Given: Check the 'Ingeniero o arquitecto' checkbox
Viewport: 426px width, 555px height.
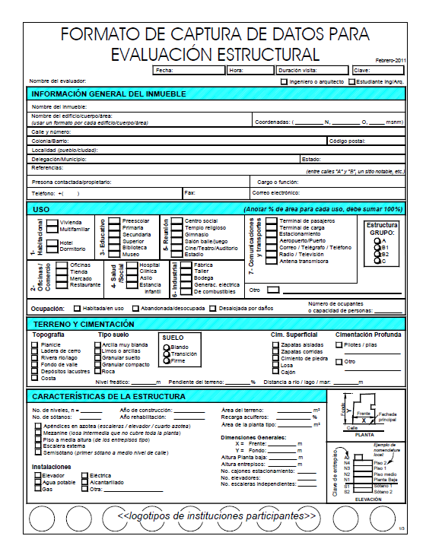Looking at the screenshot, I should [x=284, y=81].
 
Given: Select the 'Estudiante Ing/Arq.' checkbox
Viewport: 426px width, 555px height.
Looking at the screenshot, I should [x=351, y=81].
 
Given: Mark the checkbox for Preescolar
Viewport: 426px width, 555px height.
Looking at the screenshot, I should [x=113, y=221].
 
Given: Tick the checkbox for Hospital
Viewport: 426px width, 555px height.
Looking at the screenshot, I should [x=134, y=265].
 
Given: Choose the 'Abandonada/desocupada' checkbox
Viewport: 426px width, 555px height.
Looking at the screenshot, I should [x=135, y=309].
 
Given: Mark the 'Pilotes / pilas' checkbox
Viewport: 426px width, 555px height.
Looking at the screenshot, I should [x=339, y=344].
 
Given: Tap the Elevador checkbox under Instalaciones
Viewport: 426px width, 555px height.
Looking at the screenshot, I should [x=36, y=474].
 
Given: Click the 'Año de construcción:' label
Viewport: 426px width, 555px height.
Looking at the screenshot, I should [x=149, y=410].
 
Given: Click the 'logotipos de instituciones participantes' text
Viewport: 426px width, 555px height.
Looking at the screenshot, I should [x=216, y=515].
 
